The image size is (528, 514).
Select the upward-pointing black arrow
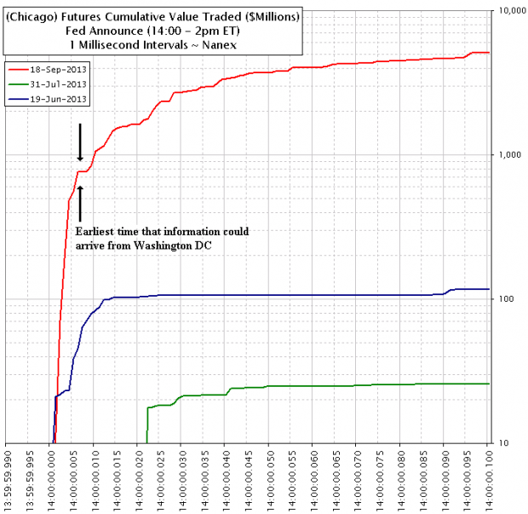pyautogui.click(x=80, y=202)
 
